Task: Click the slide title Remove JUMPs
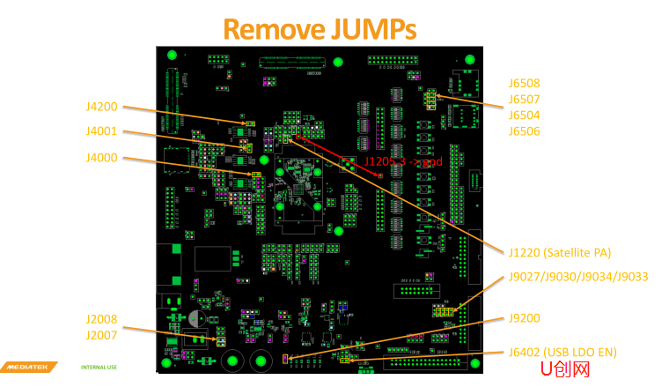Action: [319, 29]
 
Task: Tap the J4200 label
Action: [101, 107]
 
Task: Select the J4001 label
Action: [101, 132]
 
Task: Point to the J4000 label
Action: [101, 158]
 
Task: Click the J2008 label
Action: [101, 319]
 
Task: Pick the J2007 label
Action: [101, 335]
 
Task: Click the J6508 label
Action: [524, 84]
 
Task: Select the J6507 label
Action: [524, 100]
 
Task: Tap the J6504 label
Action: [524, 115]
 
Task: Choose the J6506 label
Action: [524, 131]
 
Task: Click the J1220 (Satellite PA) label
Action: [560, 252]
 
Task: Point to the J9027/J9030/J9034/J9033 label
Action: [578, 277]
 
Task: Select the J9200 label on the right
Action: [524, 318]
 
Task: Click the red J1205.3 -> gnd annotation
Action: [403, 162]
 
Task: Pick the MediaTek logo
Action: [29, 367]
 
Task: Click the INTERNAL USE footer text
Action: [99, 367]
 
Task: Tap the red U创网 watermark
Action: [564, 369]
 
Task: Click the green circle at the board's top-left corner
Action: [172, 57]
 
